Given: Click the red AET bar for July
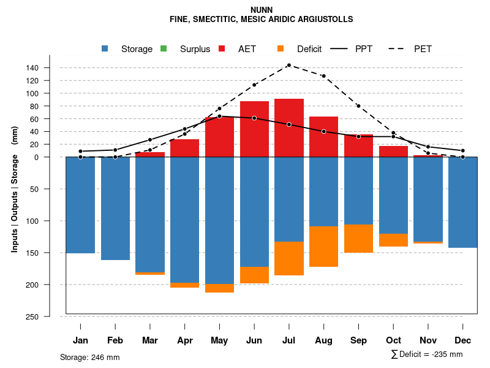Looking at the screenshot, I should click(x=289, y=128).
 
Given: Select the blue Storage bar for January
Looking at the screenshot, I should click(x=80, y=205).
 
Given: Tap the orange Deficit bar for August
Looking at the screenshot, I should click(x=324, y=247).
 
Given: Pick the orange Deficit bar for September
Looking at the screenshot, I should click(x=359, y=239).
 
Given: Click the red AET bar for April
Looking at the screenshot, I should click(x=184, y=148).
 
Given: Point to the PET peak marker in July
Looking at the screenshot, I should click(x=289, y=65).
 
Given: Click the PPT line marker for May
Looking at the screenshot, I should click(x=219, y=116).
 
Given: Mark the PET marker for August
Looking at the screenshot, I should click(x=324, y=76).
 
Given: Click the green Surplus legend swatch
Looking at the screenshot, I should click(x=163, y=48).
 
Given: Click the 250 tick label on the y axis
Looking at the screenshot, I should click(x=50, y=316).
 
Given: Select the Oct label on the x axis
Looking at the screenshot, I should click(x=394, y=340).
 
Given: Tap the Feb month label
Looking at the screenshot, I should click(x=115, y=340).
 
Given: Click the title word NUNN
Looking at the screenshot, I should click(x=262, y=10).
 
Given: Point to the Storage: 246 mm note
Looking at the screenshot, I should click(x=90, y=357).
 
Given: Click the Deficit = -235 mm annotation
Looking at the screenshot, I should click(x=426, y=355).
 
